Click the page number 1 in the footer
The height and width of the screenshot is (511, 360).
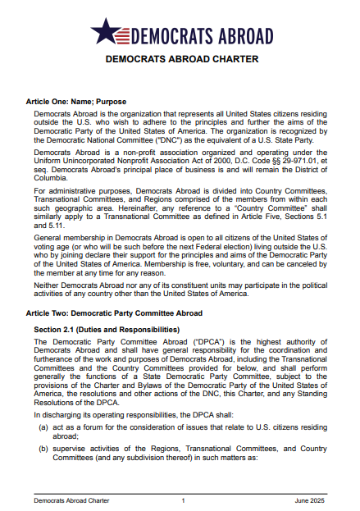pyautogui.click(x=183, y=500)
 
